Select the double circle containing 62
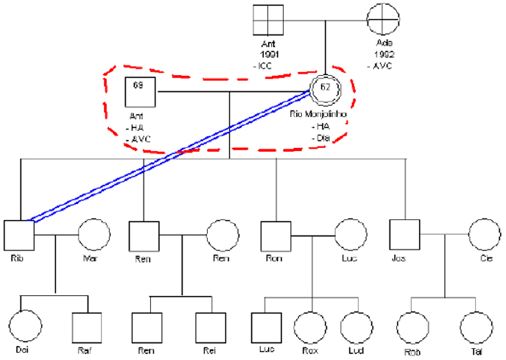click(x=325, y=91)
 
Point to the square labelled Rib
click(x=19, y=236)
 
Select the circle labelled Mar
click(x=93, y=236)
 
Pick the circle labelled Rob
click(x=414, y=328)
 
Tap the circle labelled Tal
click(x=476, y=328)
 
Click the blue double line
click(x=169, y=155)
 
